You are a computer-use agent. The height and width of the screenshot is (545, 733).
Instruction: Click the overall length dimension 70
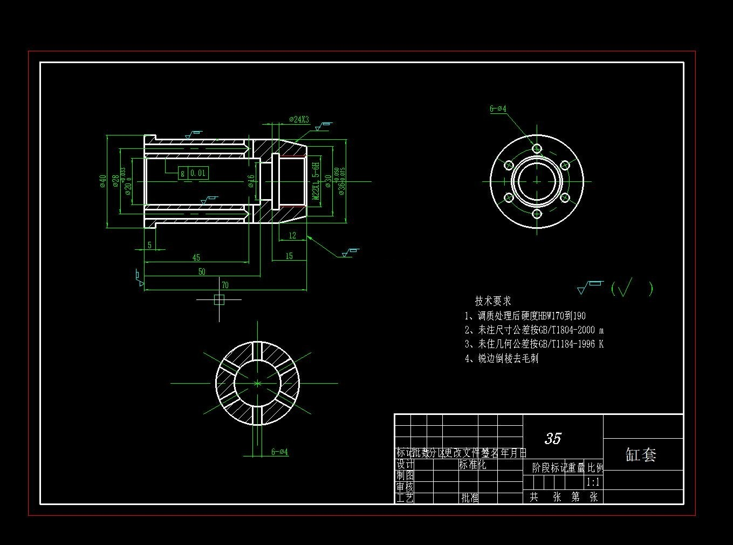point(225,285)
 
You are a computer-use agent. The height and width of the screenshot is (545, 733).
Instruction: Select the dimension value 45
point(196,258)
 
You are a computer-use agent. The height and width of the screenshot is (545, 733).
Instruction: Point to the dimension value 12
point(292,236)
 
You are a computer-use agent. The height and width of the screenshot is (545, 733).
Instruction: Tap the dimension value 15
point(289,256)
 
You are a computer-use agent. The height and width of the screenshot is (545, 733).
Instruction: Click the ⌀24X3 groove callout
point(299,120)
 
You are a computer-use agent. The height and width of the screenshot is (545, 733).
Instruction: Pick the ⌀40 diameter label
point(102,181)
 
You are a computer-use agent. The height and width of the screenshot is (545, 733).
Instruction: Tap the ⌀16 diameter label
point(251,181)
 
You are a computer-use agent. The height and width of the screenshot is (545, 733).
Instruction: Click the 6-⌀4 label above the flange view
point(498,109)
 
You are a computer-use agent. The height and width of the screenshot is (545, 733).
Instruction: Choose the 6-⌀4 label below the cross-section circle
point(279,452)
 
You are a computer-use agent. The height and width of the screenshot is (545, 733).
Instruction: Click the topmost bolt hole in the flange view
point(537,148)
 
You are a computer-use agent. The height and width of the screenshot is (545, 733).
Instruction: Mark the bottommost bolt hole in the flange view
point(537,214)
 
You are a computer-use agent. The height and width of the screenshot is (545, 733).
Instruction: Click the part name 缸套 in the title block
point(641,454)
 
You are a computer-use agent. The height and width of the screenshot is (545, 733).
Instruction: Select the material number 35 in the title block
point(553,438)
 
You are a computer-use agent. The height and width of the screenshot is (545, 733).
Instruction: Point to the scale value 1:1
point(593,482)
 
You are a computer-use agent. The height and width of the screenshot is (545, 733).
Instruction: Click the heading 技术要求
point(492,301)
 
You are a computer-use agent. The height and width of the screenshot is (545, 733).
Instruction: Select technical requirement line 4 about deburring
point(502,358)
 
